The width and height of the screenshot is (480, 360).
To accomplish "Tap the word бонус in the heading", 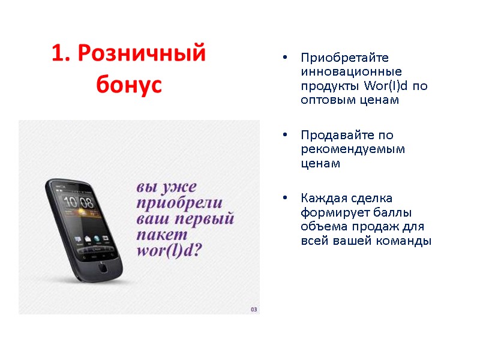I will tap(129, 85).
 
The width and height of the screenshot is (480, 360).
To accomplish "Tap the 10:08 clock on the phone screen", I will tap(78, 202).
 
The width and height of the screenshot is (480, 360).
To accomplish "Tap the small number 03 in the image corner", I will tap(254, 309).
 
